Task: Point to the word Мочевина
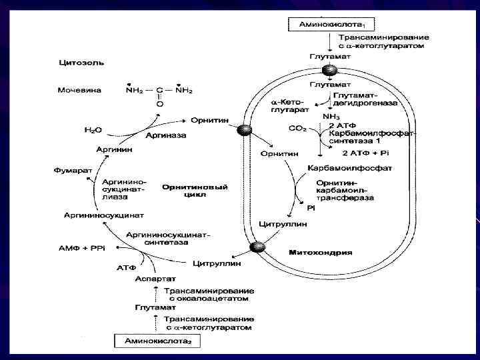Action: pos(79,90)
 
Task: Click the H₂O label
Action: pos(93,129)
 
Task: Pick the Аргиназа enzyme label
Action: pos(166,135)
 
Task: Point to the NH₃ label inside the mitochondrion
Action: pos(331,117)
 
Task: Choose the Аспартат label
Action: pos(155,278)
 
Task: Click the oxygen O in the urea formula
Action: pos(159,105)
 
